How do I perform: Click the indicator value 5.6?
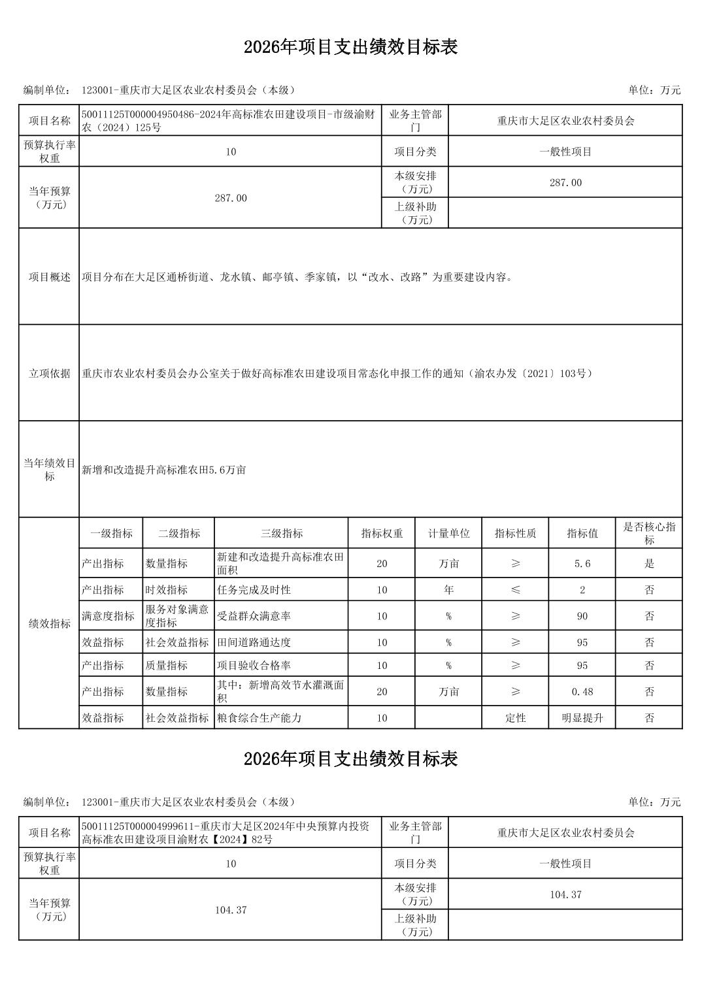[582, 563]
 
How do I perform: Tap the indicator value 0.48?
[582, 691]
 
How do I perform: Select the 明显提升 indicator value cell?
[582, 717]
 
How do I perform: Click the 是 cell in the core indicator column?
[649, 563]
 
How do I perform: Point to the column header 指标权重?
[382, 533]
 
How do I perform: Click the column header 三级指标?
[282, 533]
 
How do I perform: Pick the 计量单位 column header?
[448, 533]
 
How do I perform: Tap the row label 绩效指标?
[50, 623]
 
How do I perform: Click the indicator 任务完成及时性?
[254, 589]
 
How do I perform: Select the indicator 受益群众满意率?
[254, 615]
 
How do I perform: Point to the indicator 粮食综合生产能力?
[259, 717]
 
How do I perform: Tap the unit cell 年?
[448, 589]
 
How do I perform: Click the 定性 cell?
[515, 717]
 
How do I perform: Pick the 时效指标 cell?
[167, 589]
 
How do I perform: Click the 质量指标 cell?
[167, 665]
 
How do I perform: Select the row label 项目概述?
[50, 277]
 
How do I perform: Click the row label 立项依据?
[50, 373]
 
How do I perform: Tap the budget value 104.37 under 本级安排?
[565, 894]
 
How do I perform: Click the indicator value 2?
[582, 589]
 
